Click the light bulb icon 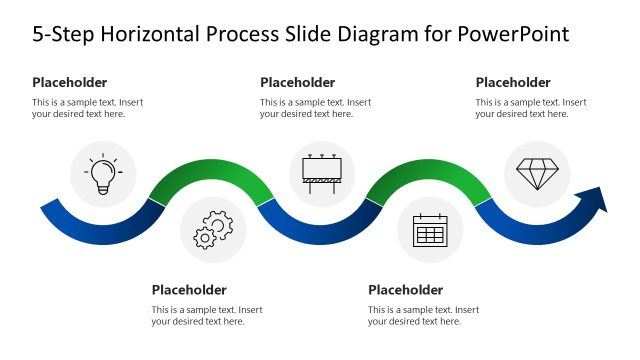coord(103,174)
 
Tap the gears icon coord(213,229)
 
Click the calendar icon coord(429,231)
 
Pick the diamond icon coord(537,173)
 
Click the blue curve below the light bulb coord(100,232)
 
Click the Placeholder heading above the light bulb coord(70,82)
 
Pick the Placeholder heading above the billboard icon coord(298,82)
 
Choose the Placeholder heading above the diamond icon coord(513,82)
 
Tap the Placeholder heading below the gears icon coord(189,290)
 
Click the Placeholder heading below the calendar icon coord(405,290)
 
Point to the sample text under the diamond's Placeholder coord(531,108)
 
